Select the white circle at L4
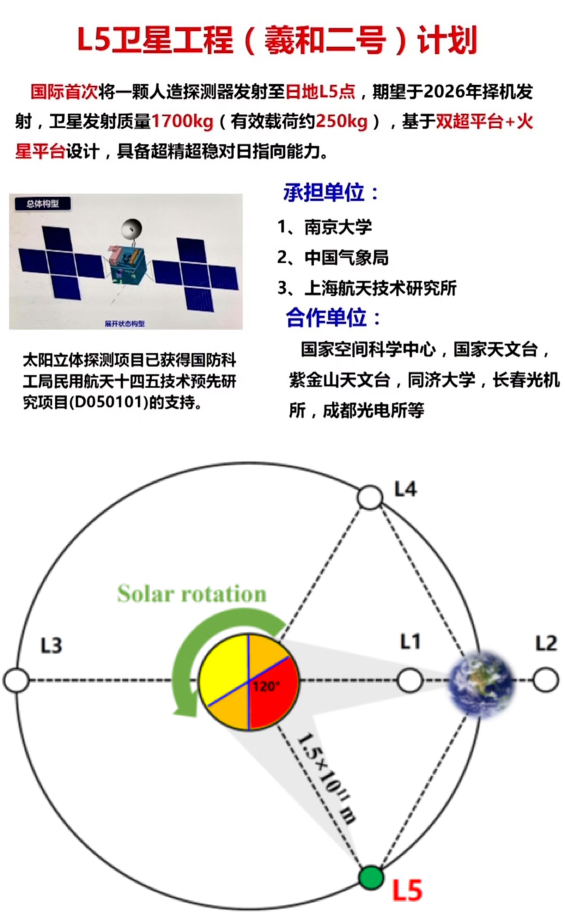[370, 497]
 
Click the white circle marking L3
[16, 680]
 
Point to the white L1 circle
[410, 680]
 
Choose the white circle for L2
[545, 680]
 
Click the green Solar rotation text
[192, 593]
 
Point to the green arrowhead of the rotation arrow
[185, 708]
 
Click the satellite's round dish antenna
[131, 229]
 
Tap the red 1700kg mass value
[182, 122]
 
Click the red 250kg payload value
[342, 122]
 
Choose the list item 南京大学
[338, 227]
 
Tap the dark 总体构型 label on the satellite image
[42, 204]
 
